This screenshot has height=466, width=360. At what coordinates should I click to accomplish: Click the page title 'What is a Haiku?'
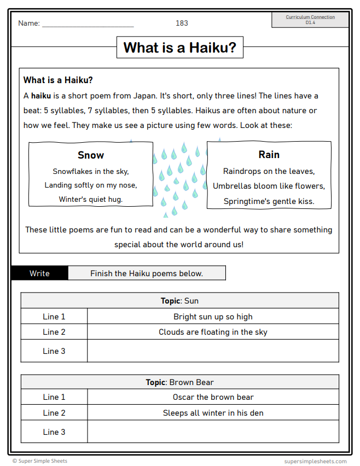[x=179, y=48]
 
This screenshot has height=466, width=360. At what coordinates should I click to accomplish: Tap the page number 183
[x=182, y=23]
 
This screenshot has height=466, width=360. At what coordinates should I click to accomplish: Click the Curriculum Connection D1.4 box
[x=310, y=20]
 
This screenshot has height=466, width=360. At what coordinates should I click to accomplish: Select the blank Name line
[x=88, y=24]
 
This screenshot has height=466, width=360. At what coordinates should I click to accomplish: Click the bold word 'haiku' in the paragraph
[x=41, y=96]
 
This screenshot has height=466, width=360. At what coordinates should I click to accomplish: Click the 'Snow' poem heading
[x=91, y=155]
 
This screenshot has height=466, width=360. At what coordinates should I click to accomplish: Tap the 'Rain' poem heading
[x=269, y=155]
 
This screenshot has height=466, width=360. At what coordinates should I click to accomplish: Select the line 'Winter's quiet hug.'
[x=91, y=200]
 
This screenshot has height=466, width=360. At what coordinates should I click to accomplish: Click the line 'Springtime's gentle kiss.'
[x=269, y=201]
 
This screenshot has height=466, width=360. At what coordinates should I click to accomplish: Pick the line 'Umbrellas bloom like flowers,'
[x=269, y=186]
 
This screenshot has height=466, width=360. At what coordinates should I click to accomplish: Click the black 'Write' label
[x=39, y=273]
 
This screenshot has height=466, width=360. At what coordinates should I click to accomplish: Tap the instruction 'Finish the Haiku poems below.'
[x=147, y=273]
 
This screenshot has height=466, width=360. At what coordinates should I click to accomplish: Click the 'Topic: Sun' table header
[x=179, y=301]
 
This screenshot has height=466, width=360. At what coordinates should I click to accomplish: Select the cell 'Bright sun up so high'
[x=213, y=317]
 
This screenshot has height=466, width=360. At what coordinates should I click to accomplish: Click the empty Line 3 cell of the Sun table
[x=213, y=351]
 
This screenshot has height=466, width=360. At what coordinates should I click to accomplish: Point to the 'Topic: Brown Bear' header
[x=179, y=382]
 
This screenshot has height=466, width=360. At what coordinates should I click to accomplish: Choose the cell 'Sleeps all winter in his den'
[x=213, y=413]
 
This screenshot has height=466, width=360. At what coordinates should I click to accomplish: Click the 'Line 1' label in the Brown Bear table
[x=54, y=398]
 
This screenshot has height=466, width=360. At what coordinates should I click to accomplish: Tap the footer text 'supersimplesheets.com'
[x=316, y=461]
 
